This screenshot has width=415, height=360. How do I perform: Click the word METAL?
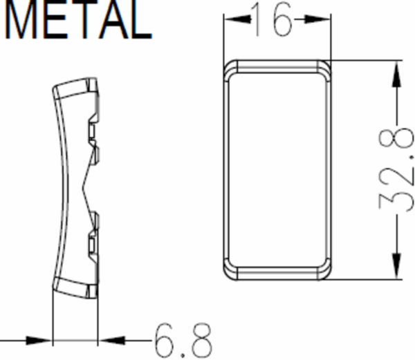[78, 19]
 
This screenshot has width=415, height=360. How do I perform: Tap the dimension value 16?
[272, 19]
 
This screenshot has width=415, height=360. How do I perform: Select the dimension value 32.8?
[396, 169]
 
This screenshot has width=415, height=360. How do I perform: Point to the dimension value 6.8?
[183, 340]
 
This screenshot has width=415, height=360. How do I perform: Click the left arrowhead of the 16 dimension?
[237, 19]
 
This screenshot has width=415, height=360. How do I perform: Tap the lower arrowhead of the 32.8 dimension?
[396, 266]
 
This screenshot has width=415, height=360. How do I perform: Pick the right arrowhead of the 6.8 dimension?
[111, 341]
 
